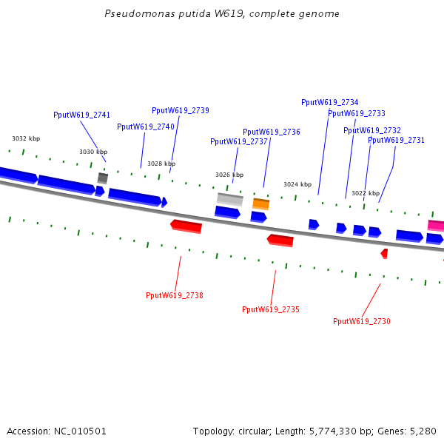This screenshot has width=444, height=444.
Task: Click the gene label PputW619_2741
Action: (x=81, y=115)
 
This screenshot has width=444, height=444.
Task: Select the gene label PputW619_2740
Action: (x=146, y=127)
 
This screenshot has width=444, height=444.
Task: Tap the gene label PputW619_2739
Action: (x=181, y=110)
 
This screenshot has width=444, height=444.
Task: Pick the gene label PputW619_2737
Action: (x=239, y=141)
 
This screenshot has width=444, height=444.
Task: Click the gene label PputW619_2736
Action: (x=272, y=132)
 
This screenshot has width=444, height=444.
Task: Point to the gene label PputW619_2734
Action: (x=330, y=102)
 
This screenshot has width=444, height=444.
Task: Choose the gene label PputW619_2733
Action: (x=357, y=113)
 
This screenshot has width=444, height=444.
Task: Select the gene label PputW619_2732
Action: (x=372, y=130)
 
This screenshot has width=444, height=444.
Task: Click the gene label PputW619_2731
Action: (x=397, y=140)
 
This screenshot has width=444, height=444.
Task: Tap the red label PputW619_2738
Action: (x=175, y=295)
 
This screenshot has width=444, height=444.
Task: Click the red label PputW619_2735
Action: (x=271, y=309)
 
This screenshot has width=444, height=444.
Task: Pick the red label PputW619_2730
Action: (x=362, y=321)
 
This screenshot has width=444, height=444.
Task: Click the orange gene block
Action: (x=261, y=203)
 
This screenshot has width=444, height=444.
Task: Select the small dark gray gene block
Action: (x=103, y=178)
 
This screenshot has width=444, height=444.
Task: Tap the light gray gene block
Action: (x=229, y=199)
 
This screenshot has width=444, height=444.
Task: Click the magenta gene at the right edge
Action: (x=436, y=226)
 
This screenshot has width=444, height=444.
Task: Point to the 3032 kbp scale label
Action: (x=26, y=138)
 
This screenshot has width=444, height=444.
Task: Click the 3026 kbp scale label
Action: (x=229, y=175)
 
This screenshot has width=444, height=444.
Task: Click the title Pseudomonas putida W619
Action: (x=222, y=14)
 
